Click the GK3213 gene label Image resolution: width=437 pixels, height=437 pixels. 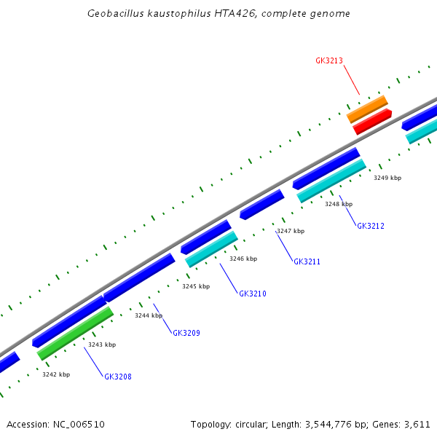pos(329,61)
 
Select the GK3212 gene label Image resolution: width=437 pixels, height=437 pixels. pos(370,226)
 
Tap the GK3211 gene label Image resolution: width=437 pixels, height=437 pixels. pos(307,261)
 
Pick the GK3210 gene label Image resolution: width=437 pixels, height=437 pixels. pos(253,294)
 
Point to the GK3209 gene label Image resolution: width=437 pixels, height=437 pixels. pos(186,333)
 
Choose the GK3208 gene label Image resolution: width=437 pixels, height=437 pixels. pos(118,377)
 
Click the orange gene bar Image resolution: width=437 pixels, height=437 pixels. pos(367,109)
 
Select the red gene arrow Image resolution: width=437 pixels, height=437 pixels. pos(372,122)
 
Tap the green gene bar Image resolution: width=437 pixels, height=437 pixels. pos(75,333)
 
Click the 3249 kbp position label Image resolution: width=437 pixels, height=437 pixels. pos(387,178)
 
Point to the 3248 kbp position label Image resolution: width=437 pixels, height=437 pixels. pos(339,204)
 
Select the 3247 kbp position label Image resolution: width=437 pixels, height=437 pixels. pos(291,231)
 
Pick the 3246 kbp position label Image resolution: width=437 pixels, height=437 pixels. pos(243,259)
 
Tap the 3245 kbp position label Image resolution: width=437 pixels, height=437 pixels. pos(196,286)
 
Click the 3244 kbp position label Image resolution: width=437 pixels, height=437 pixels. pos(149,315)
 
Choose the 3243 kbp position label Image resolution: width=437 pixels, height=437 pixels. pos(102,345)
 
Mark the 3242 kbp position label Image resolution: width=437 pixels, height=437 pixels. pos(56,374)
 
